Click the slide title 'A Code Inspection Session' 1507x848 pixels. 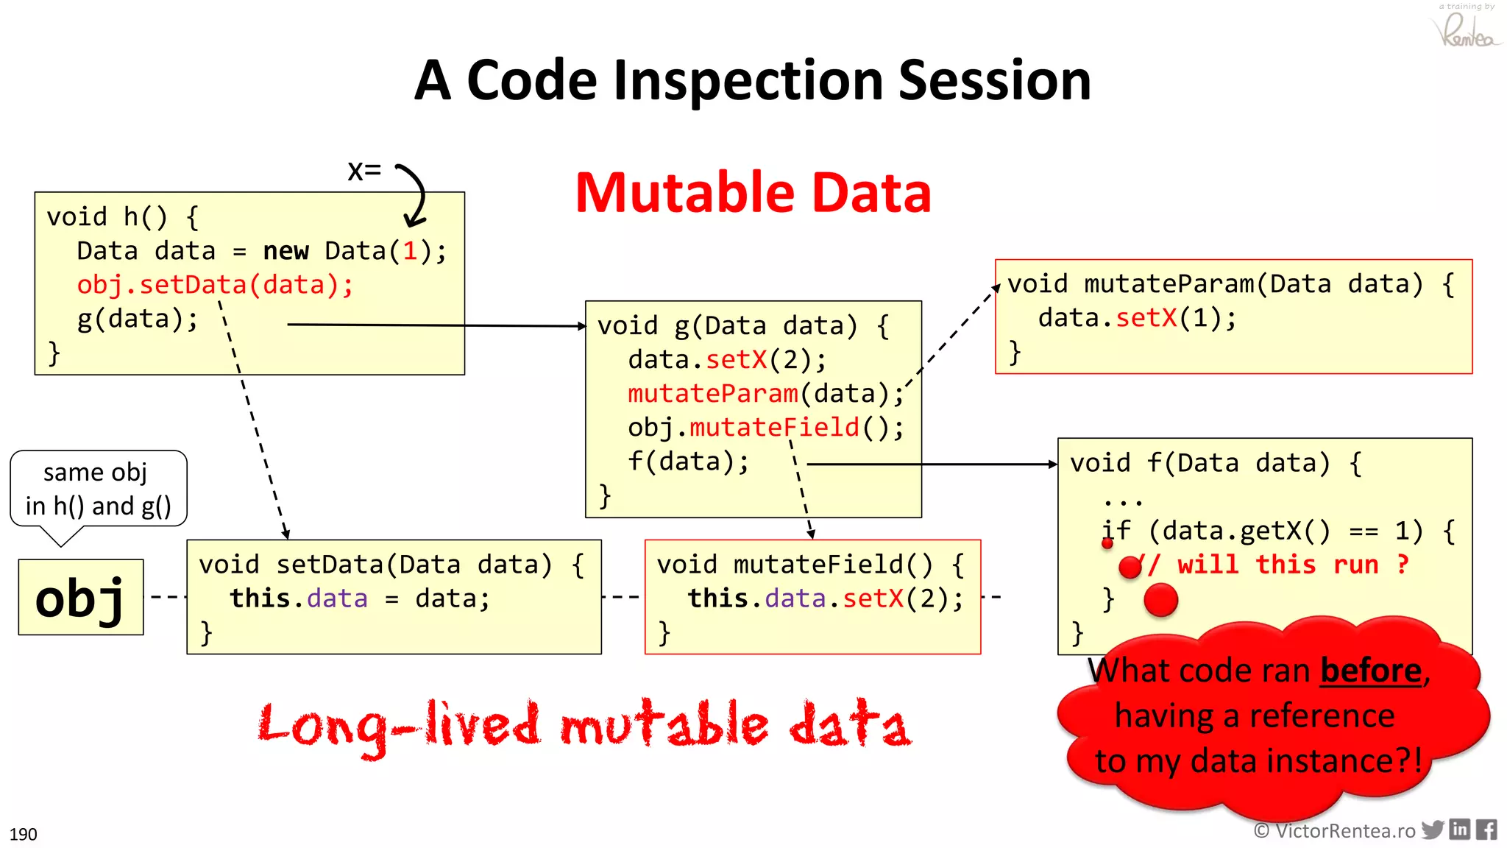tap(752, 80)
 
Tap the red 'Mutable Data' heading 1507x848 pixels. tap(753, 193)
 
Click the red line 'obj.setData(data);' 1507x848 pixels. tap(215, 285)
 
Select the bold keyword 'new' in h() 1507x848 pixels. tap(286, 251)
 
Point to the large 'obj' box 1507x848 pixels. tap(81, 597)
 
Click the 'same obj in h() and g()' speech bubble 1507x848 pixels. tap(98, 490)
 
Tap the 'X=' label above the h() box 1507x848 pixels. tap(364, 171)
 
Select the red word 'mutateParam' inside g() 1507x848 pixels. tap(712, 394)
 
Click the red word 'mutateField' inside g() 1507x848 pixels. tap(774, 428)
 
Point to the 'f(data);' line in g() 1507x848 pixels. tap(688, 462)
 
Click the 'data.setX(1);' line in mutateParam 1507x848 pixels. tap(1137, 318)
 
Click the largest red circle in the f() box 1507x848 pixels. tap(1161, 599)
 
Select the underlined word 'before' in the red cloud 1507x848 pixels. tap(1371, 671)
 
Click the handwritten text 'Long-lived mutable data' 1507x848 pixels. tap(585, 726)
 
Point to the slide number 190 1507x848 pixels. tap(23, 834)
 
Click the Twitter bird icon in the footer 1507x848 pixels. tap(1433, 830)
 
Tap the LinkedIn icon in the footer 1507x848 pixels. tap(1460, 830)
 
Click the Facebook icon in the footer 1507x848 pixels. tap(1486, 830)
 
